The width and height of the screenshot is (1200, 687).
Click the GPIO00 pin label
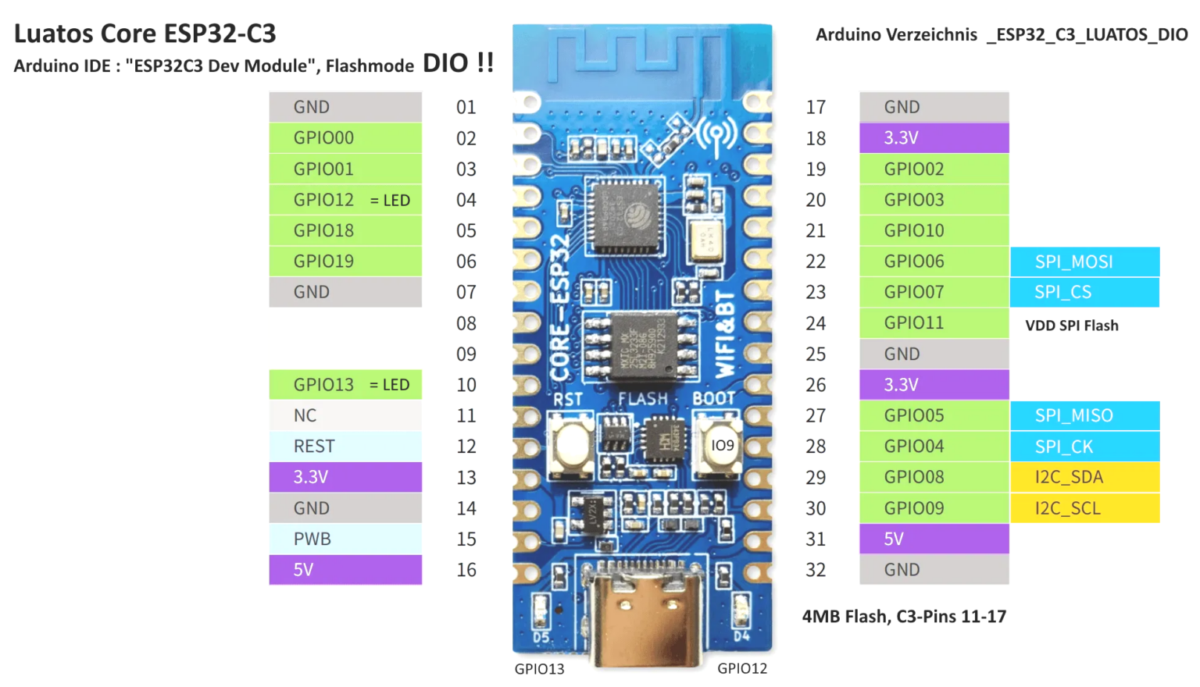(345, 138)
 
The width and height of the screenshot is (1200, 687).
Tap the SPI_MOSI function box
(1084, 262)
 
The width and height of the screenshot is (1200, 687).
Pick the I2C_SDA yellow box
(1084, 477)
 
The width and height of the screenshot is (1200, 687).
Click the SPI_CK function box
(1084, 447)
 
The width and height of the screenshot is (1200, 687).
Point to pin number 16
(466, 570)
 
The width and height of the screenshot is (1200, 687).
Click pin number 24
(816, 323)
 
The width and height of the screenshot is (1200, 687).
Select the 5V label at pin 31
(934, 539)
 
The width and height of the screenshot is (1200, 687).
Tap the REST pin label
(345, 447)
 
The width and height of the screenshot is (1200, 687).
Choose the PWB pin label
(345, 539)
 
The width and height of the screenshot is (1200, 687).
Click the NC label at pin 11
(345, 415)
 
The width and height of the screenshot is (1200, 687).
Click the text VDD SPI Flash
(1071, 326)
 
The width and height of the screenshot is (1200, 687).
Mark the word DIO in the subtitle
(445, 63)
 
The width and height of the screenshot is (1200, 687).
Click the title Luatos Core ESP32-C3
(145, 34)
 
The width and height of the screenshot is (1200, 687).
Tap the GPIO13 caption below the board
(539, 669)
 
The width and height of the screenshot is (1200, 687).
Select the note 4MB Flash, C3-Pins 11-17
(904, 617)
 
